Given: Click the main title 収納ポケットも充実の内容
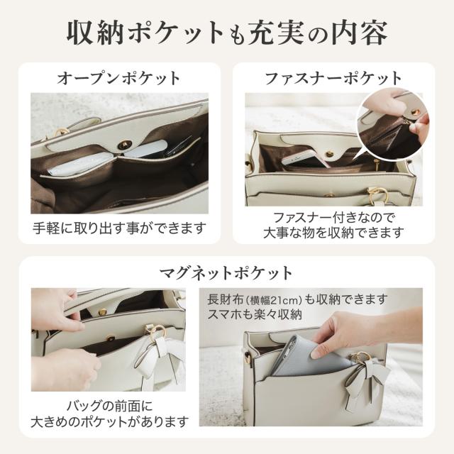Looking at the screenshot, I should pyautogui.click(x=227, y=31).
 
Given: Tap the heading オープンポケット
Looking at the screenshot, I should pyautogui.click(x=118, y=78).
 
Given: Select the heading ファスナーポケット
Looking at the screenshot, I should pyautogui.click(x=333, y=78).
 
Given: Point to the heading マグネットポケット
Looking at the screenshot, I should pyautogui.click(x=226, y=272).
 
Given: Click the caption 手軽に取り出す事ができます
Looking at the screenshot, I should pyautogui.click(x=119, y=228).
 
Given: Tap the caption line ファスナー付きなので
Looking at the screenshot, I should pyautogui.click(x=333, y=218).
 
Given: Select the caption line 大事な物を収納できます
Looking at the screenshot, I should pyautogui.click(x=333, y=233).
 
